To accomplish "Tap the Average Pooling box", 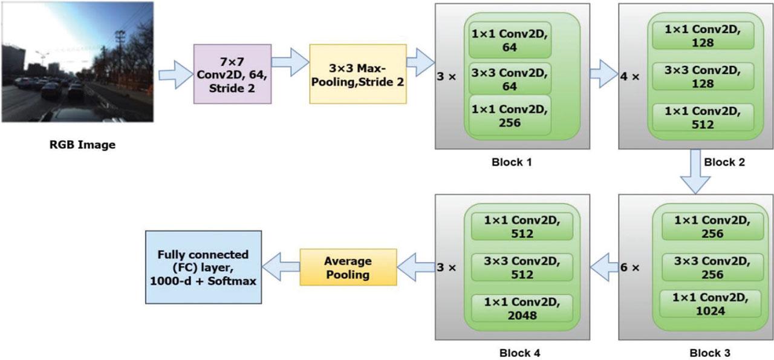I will tap(348, 267).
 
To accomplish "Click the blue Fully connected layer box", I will tap(203, 267).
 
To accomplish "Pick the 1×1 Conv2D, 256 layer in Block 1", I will tap(510, 116).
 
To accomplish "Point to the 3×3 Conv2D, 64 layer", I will tap(510, 79).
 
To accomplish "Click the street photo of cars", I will tap(77, 62).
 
